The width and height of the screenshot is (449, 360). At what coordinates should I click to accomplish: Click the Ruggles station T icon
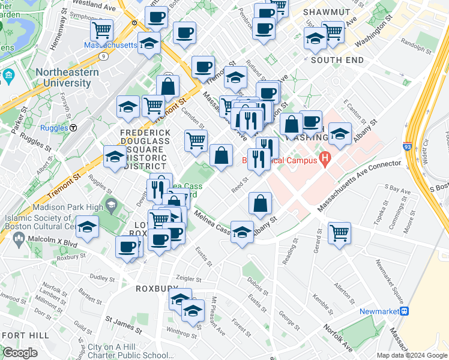pyautogui.click(x=73, y=127)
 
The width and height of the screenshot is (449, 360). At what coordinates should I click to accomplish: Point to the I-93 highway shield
pyautogui.click(x=424, y=146)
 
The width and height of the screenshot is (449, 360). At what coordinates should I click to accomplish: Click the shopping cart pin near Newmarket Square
pyautogui.click(x=339, y=232)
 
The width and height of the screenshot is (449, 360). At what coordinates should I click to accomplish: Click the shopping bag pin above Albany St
pyautogui.click(x=260, y=203)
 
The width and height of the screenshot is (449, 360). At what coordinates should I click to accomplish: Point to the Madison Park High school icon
pyautogui.click(x=111, y=205)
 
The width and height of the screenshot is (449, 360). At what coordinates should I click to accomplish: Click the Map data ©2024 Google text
pyautogui.click(x=412, y=355)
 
